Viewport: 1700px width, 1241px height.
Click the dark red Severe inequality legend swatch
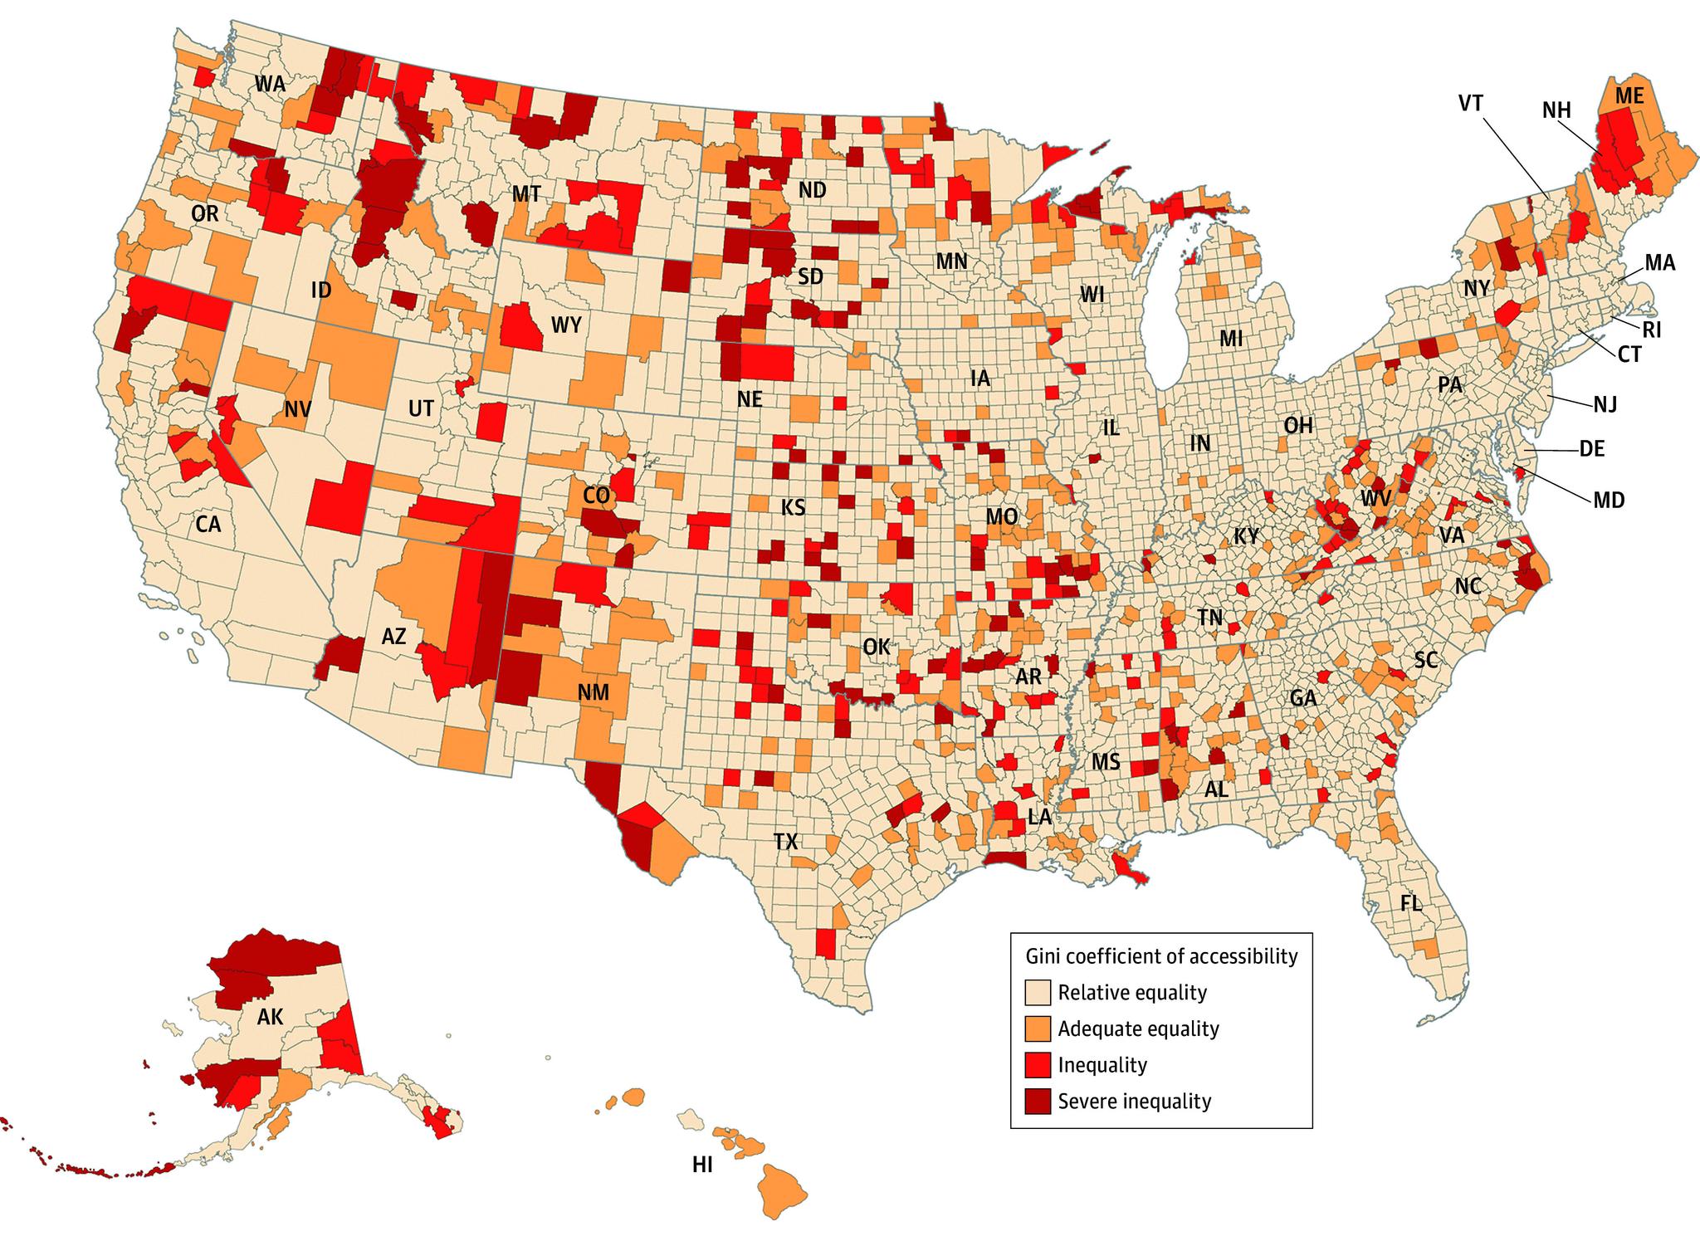click(x=1038, y=1101)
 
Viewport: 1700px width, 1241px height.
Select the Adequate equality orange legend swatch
click(x=1038, y=1028)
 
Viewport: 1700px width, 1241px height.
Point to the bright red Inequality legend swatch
click(x=1038, y=1064)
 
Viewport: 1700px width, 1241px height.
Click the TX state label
click(x=785, y=842)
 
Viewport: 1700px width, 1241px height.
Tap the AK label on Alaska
click(x=270, y=1017)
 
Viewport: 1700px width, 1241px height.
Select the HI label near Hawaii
click(x=702, y=1165)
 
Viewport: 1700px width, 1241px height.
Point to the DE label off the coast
click(x=1591, y=449)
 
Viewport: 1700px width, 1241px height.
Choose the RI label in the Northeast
click(x=1652, y=330)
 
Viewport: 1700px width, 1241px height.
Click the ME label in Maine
click(x=1629, y=95)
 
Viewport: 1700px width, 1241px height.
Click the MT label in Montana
click(x=525, y=194)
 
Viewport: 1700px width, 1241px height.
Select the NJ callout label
click(x=1605, y=404)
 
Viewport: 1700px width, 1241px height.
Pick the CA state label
click(x=208, y=524)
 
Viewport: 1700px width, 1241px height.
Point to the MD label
click(x=1609, y=500)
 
